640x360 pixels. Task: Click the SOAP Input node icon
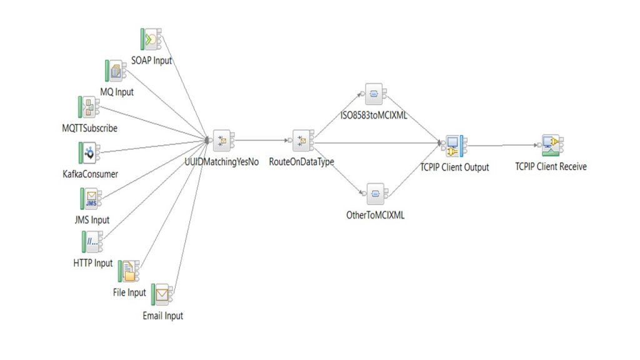click(x=150, y=40)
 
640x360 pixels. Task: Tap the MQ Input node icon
click(x=116, y=72)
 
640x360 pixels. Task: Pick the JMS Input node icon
click(x=91, y=199)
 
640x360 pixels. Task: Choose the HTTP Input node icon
click(x=92, y=242)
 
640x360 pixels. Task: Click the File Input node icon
click(x=129, y=271)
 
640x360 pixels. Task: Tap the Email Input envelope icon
click(x=162, y=294)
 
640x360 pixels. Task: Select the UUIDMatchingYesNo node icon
click(x=222, y=141)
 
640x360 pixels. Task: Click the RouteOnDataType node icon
click(x=301, y=141)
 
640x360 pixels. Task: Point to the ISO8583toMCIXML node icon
click(x=374, y=94)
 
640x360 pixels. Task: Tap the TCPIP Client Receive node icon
click(x=550, y=145)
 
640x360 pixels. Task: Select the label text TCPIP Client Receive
click(x=551, y=167)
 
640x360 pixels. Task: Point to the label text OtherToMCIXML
click(x=375, y=215)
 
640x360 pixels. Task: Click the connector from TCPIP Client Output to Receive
click(x=503, y=146)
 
